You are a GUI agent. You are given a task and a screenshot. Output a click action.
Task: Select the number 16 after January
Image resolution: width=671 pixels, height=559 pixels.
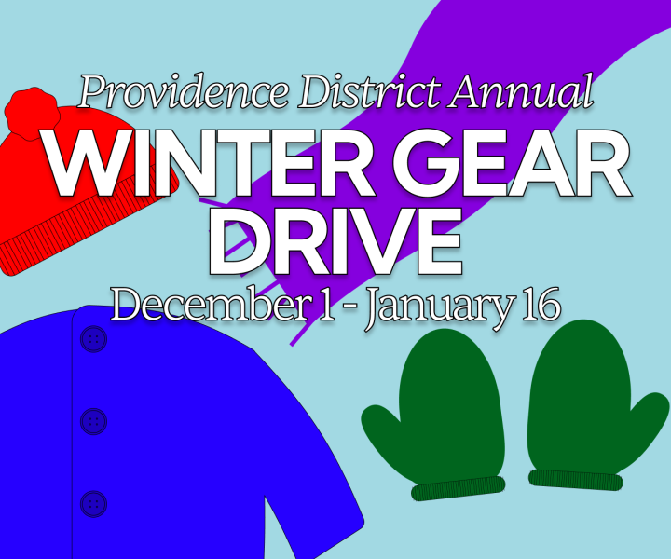tap(541, 304)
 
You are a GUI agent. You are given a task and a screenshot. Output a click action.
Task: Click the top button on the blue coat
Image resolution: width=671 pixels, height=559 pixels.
tap(93, 339)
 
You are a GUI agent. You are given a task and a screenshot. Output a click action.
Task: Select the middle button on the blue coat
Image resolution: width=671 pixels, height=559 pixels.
tap(93, 422)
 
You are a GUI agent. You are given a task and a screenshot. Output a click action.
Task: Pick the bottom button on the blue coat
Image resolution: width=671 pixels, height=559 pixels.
tap(93, 504)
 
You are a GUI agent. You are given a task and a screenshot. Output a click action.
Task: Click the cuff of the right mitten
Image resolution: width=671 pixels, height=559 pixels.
tap(575, 480)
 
